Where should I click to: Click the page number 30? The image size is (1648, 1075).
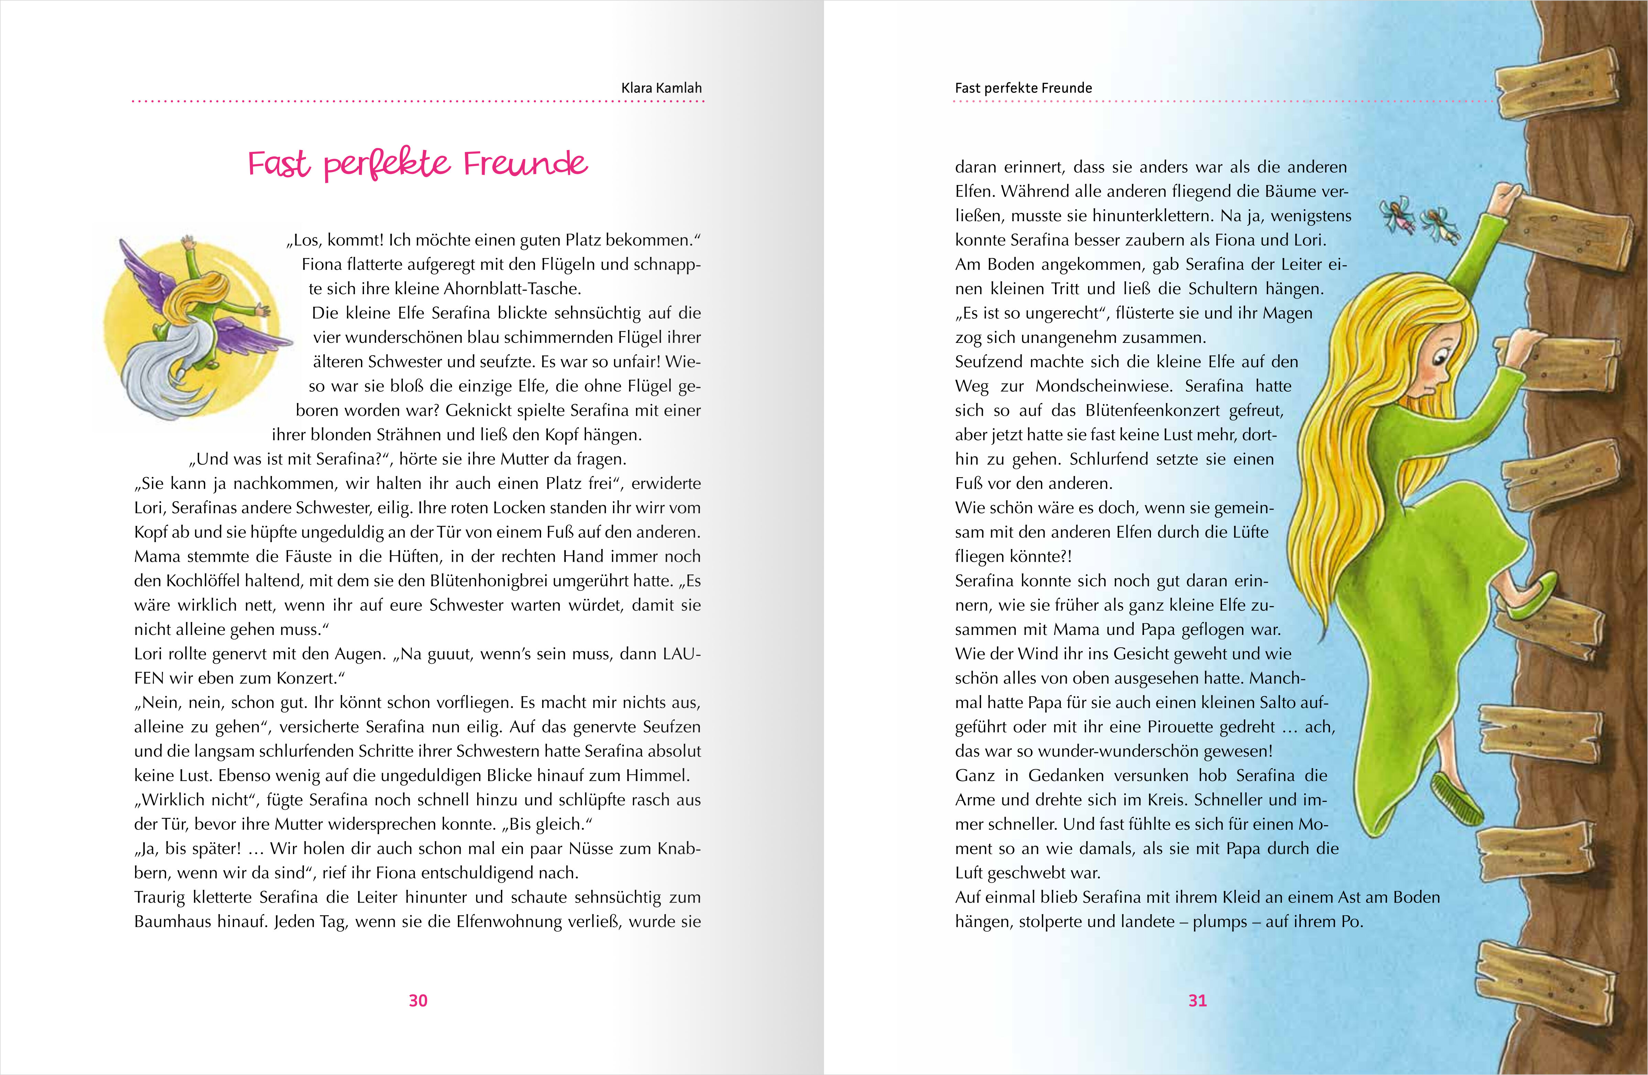click(x=418, y=1000)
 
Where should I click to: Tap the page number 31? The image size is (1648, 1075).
click(x=1197, y=1000)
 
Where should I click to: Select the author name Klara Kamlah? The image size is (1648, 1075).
click(x=661, y=88)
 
